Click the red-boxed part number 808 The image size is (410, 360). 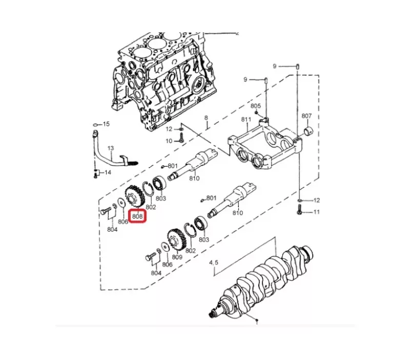[x=137, y=216]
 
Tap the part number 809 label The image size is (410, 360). [x=177, y=257]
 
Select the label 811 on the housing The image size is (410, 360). [x=247, y=120]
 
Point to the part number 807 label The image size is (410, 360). [x=306, y=116]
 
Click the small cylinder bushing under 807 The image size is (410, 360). [x=307, y=131]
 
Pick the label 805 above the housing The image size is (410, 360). [x=256, y=106]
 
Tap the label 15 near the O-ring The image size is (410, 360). [x=106, y=124]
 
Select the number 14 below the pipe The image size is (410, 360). [x=107, y=173]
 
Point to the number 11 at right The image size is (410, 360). [x=316, y=212]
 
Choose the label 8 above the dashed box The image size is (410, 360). [x=207, y=118]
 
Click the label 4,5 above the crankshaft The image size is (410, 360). [x=214, y=262]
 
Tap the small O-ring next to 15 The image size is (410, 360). [x=95, y=125]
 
